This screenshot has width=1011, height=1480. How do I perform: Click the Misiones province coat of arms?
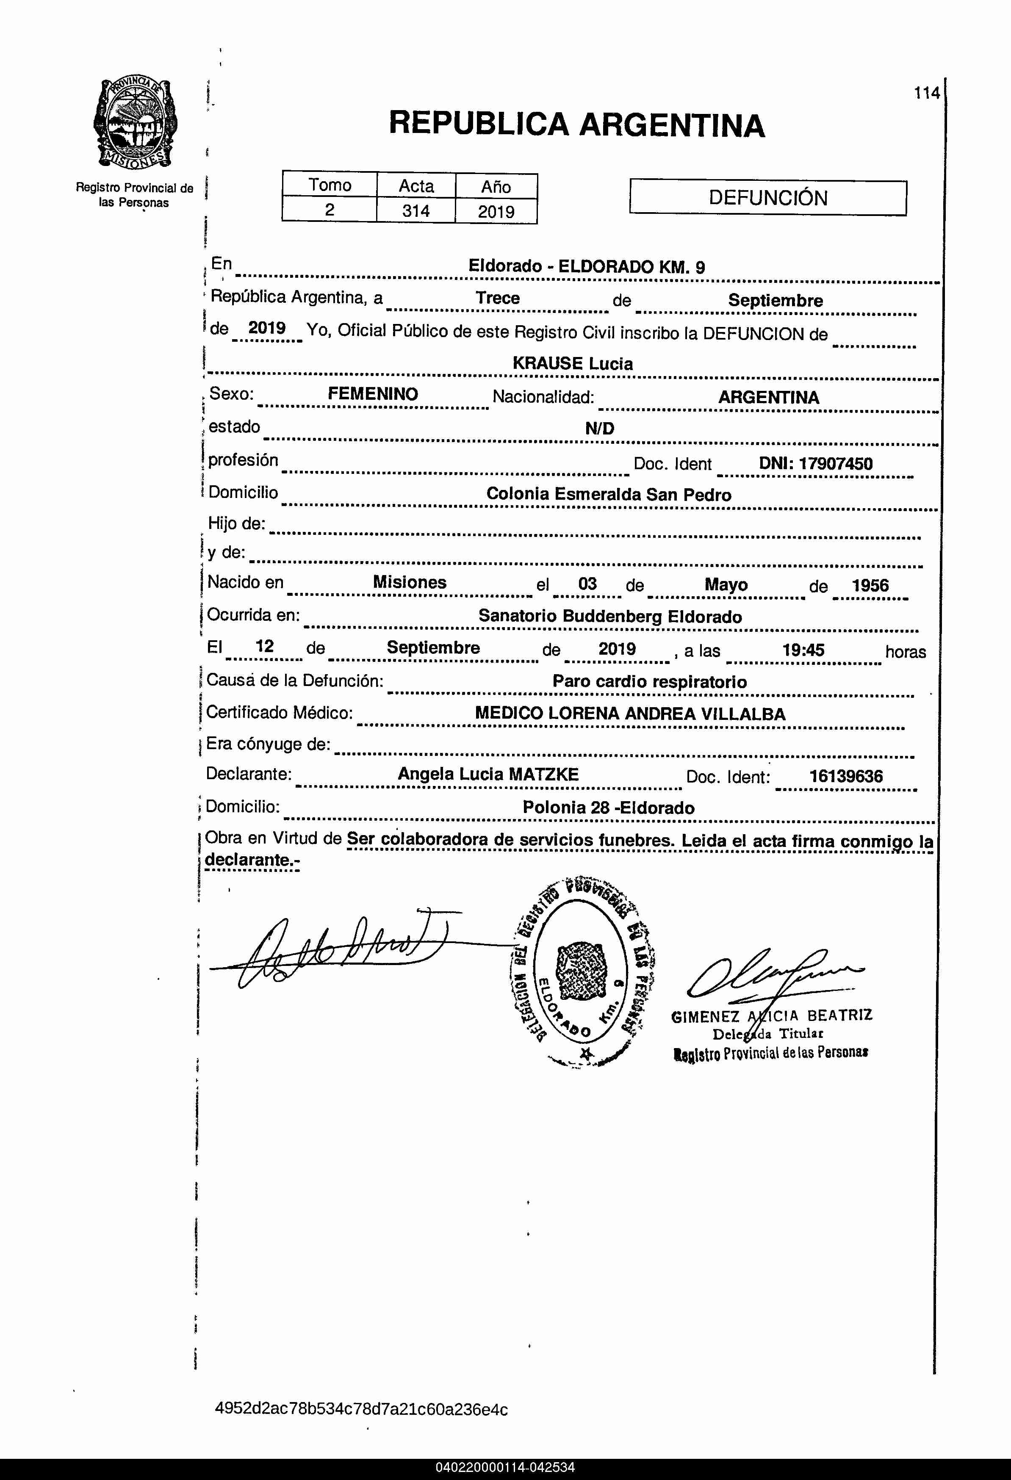(135, 124)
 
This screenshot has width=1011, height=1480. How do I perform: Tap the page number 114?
(926, 94)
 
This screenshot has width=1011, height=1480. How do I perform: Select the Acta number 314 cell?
(415, 211)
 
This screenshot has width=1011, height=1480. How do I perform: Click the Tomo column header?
(330, 185)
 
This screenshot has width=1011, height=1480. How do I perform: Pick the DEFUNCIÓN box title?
(767, 198)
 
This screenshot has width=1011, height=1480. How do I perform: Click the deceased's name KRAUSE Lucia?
(573, 364)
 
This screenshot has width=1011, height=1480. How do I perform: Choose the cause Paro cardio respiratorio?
(649, 681)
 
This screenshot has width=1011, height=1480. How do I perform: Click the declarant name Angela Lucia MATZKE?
(488, 775)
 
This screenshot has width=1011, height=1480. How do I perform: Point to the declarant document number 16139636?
(845, 776)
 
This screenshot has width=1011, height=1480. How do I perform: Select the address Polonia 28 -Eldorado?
(608, 808)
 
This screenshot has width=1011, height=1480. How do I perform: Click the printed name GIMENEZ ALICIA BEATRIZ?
(771, 1016)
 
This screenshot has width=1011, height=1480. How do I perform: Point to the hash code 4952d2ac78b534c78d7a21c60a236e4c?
(361, 1409)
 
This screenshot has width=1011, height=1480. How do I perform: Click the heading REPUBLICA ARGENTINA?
(576, 124)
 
